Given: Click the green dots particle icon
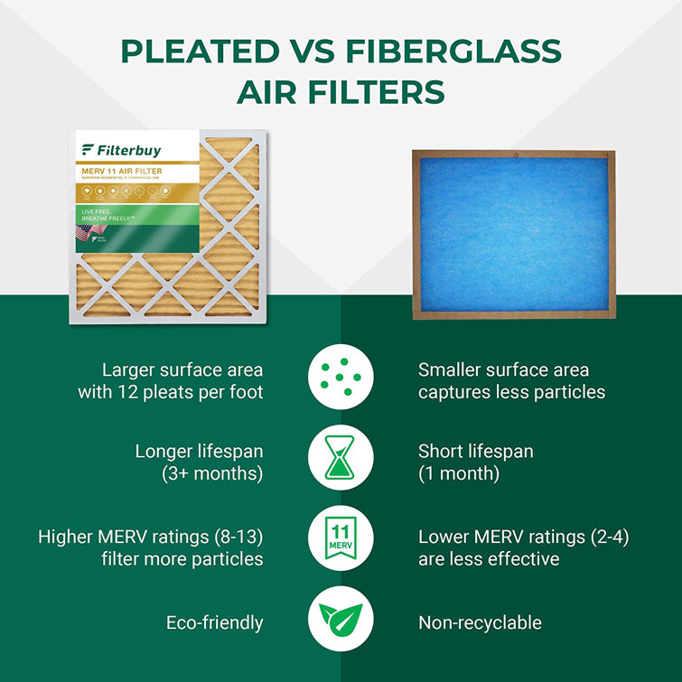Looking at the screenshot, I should tap(341, 380).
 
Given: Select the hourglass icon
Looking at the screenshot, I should tap(341, 461).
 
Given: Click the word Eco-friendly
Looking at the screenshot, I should tap(215, 622).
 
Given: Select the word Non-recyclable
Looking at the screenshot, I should tap(480, 622).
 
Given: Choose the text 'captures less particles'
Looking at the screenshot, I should tap(511, 392).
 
